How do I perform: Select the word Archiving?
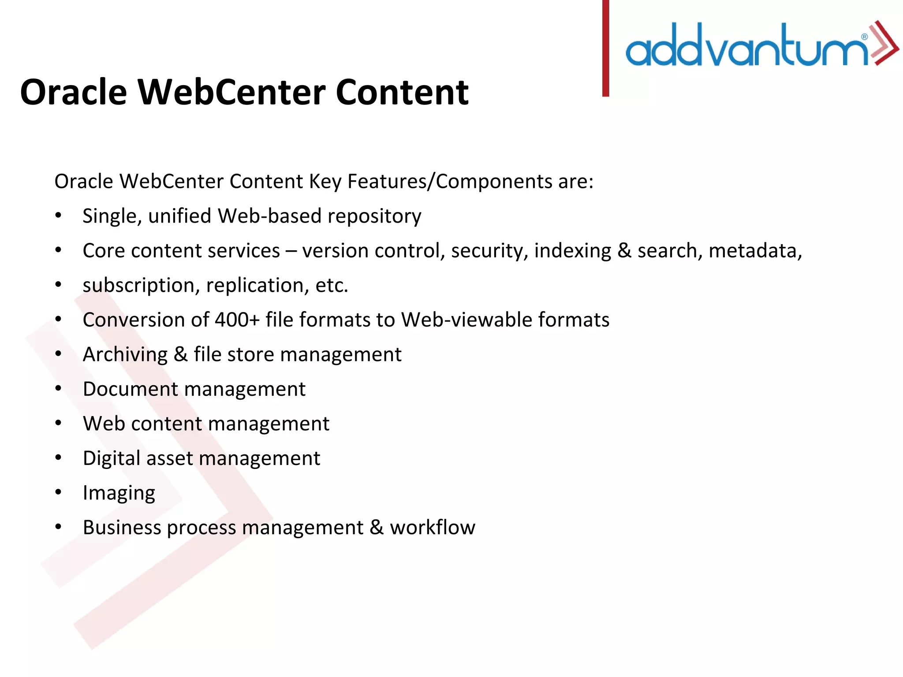click(125, 355)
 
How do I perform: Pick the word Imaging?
click(119, 493)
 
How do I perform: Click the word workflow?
click(432, 527)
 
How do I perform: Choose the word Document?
click(130, 389)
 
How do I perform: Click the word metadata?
click(755, 251)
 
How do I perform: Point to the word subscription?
click(138, 286)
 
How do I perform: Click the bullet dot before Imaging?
click(58, 492)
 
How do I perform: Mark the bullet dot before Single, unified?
click(58, 216)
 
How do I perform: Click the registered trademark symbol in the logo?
click(864, 37)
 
